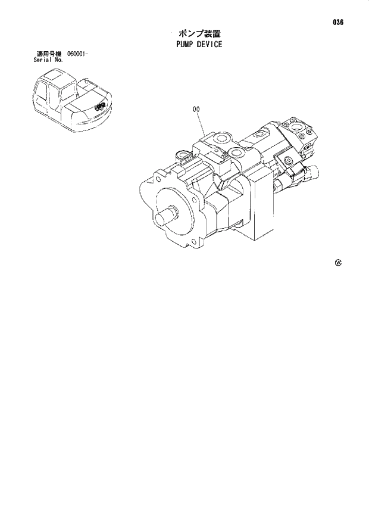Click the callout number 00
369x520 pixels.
click(196, 109)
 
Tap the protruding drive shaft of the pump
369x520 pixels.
click(168, 215)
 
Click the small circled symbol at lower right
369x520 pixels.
click(338, 263)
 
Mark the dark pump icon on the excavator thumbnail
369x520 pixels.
click(99, 107)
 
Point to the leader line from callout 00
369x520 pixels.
click(202, 123)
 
